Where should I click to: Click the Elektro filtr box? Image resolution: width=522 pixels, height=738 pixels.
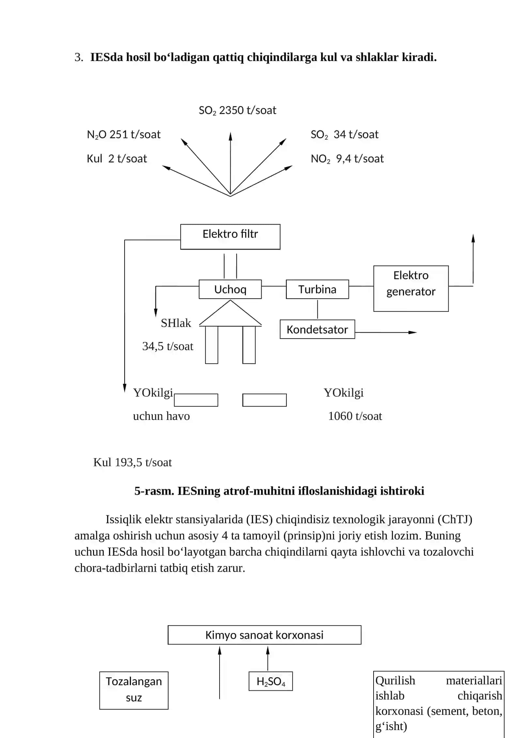(230, 237)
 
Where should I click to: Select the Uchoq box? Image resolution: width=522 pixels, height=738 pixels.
(230, 289)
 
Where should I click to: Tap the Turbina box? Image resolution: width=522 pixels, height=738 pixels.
(317, 289)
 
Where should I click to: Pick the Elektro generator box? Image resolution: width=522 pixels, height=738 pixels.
(411, 288)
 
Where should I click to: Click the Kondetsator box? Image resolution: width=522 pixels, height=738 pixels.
(317, 329)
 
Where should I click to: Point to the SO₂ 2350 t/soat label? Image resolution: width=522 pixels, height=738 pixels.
(237, 110)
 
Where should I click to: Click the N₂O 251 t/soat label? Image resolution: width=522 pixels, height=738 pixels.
(124, 134)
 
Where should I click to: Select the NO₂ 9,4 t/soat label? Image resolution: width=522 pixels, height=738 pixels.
(347, 159)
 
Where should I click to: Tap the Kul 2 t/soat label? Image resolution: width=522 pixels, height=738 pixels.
(117, 159)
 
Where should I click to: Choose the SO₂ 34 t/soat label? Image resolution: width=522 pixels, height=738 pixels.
(345, 134)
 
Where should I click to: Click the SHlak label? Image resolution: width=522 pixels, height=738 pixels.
(176, 323)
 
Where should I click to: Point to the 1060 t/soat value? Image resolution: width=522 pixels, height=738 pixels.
(355, 416)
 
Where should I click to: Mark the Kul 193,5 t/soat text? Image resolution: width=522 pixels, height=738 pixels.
(132, 462)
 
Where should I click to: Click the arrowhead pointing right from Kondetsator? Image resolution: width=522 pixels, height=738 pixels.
(413, 332)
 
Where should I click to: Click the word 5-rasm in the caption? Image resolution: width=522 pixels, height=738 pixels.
(154, 491)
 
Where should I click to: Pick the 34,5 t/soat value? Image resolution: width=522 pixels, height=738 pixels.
(168, 346)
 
